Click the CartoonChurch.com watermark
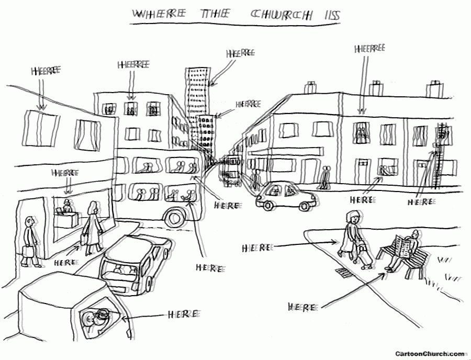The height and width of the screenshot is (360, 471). point(429,354)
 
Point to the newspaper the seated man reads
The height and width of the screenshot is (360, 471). point(402,246)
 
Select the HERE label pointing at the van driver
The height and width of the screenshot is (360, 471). point(183,314)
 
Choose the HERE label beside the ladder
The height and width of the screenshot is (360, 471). point(420,202)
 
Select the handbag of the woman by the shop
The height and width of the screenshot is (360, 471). point(83,241)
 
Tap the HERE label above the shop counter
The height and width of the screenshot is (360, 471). point(65,172)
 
